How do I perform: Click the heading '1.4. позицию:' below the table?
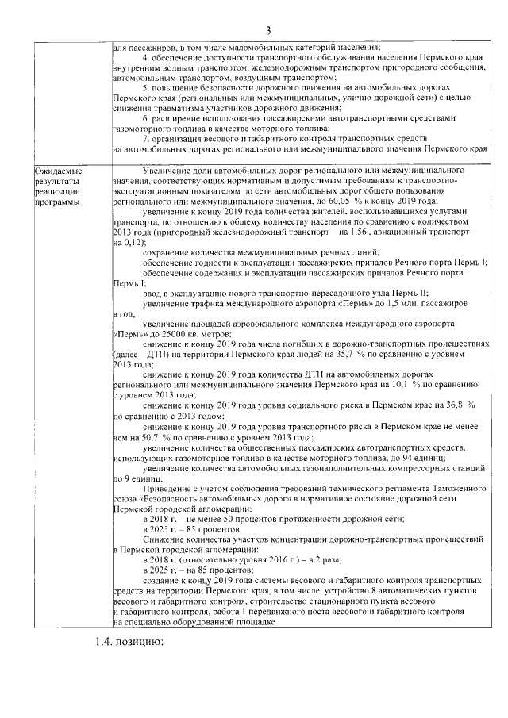[125, 640]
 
